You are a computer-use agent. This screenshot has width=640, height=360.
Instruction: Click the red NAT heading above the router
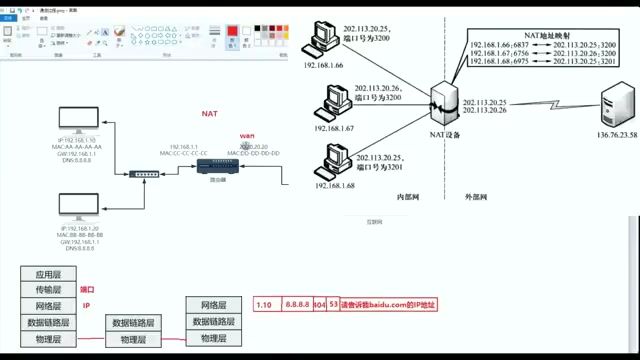(x=209, y=114)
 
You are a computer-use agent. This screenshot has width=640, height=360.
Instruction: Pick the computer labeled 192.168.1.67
(x=333, y=101)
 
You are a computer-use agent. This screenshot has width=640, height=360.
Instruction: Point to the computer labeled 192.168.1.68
(x=333, y=160)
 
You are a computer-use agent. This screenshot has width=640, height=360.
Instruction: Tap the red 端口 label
(x=87, y=289)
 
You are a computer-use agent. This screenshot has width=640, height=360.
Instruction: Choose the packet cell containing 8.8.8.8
(x=294, y=303)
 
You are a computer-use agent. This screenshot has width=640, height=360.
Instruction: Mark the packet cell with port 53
(x=333, y=303)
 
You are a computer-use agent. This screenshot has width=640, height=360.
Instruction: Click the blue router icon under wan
(x=212, y=165)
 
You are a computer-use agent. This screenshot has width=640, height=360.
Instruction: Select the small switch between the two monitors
(x=143, y=174)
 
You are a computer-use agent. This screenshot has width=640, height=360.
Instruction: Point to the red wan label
(x=247, y=135)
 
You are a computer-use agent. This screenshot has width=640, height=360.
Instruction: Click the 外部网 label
(x=475, y=197)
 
